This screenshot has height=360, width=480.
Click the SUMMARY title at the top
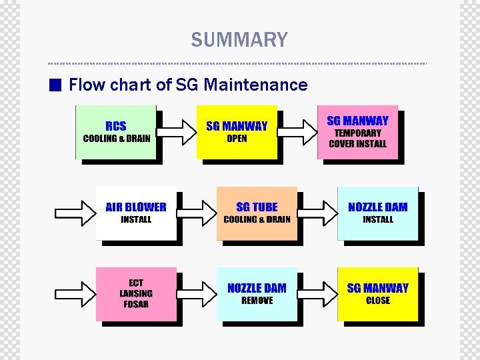(239, 40)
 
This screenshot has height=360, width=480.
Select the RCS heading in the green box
(116, 126)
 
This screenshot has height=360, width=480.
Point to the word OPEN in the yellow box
(237, 139)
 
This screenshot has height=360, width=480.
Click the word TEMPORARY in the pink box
(357, 133)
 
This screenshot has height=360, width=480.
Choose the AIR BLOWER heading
(136, 207)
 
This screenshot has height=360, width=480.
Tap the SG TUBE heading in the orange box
(257, 207)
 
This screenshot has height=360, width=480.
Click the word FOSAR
(136, 305)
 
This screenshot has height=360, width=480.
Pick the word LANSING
(136, 294)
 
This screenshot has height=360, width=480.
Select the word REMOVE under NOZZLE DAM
(257, 301)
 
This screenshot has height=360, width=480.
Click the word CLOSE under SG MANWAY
(378, 301)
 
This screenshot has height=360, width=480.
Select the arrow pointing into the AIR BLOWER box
(75, 213)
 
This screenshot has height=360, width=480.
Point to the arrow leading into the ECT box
(75, 294)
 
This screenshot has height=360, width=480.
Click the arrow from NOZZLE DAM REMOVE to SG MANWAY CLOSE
(317, 294)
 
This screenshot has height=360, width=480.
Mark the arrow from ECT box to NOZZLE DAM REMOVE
(196, 294)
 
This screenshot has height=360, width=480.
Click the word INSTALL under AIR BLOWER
(136, 219)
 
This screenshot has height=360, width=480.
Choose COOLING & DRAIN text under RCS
(116, 139)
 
